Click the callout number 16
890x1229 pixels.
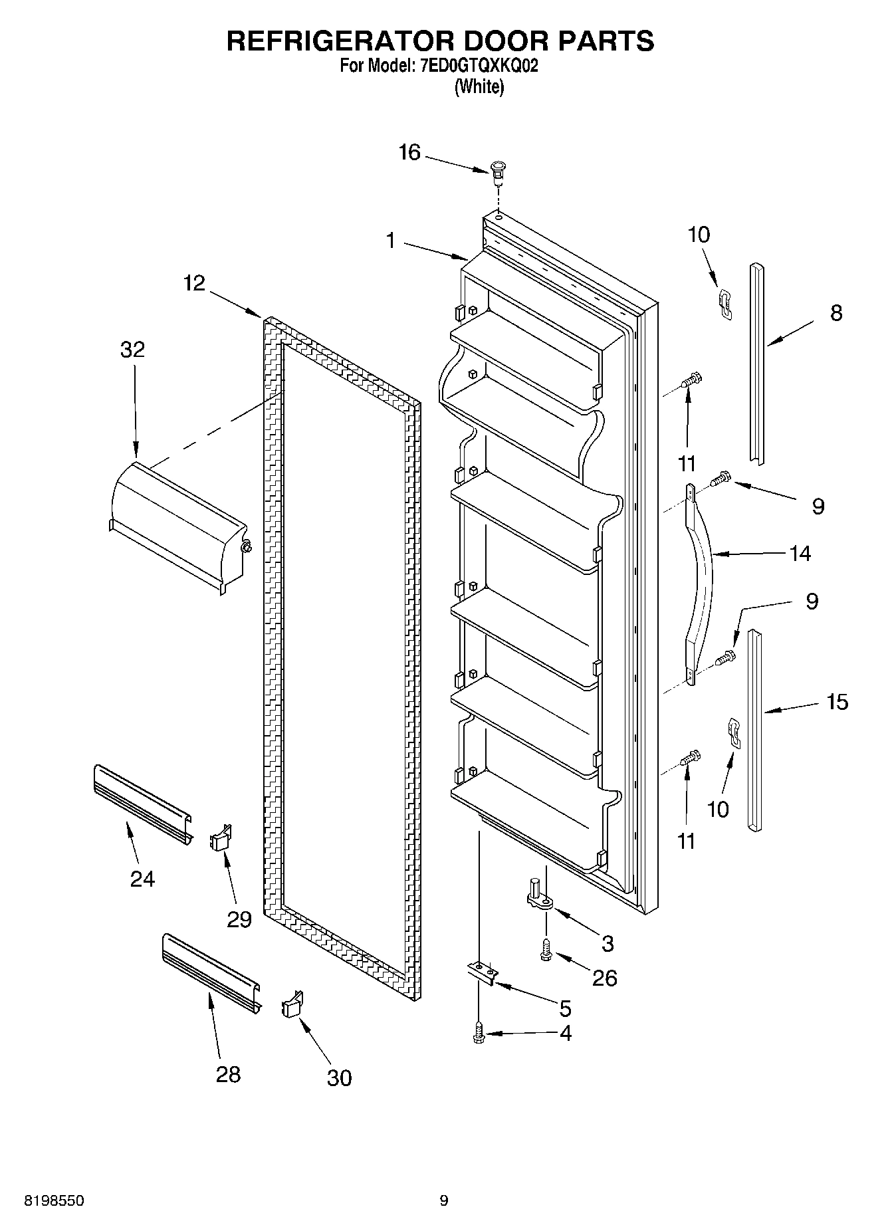[409, 153]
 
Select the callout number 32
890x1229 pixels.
[132, 350]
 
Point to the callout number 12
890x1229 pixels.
[194, 284]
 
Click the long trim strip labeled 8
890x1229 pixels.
[757, 362]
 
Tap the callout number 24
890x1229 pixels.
[142, 879]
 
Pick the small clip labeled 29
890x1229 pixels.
[221, 837]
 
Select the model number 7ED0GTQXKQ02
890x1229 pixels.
[474, 66]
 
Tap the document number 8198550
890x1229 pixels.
[54, 1201]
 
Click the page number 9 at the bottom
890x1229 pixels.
[444, 1201]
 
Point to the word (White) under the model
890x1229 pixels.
[479, 87]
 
